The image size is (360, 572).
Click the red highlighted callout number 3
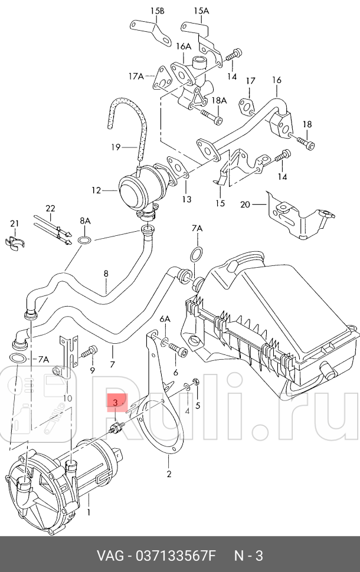click(116, 402)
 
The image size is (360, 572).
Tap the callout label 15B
click(157, 11)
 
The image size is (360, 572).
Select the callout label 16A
click(184, 46)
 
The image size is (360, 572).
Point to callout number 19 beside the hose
click(116, 146)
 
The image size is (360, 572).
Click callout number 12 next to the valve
click(96, 190)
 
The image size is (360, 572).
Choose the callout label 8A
click(86, 221)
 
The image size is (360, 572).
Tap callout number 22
click(50, 208)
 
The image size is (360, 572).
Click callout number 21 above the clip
click(14, 223)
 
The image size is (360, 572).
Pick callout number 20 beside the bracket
click(246, 205)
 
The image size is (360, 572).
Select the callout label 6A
click(165, 319)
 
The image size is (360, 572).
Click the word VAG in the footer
click(110, 556)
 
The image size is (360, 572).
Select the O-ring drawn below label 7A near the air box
click(195, 254)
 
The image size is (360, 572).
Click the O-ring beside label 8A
click(84, 240)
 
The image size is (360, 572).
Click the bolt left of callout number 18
click(304, 142)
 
